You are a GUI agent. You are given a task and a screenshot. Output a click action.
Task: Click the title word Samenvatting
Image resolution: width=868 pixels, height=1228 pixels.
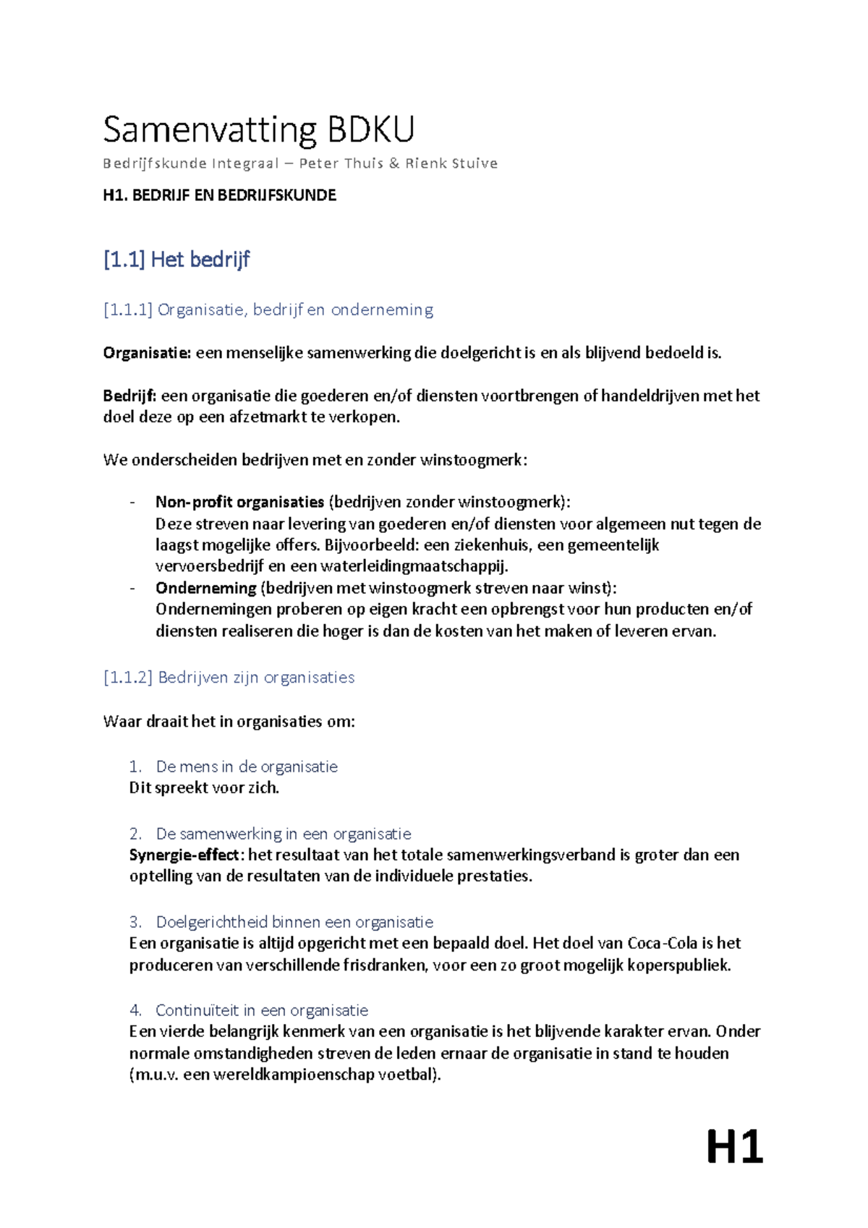[x=210, y=130]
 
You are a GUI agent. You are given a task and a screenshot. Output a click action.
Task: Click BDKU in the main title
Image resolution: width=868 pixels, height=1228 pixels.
[x=371, y=130]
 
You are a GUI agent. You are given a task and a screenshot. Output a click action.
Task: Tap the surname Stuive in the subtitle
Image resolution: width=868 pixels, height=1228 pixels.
[x=475, y=163]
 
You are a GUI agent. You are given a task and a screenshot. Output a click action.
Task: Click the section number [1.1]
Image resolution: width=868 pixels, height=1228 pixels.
[x=124, y=259]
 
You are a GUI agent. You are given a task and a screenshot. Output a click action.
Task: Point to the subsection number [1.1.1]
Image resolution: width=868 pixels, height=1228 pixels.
[x=127, y=310]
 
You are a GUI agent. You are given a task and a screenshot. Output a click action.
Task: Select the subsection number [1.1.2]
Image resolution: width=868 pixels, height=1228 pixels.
[x=127, y=678]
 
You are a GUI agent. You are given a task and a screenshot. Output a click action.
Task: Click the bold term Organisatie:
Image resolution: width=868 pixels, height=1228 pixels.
[x=147, y=353]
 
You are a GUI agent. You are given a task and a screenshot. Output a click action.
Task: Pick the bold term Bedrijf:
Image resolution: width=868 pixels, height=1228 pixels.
[x=129, y=396]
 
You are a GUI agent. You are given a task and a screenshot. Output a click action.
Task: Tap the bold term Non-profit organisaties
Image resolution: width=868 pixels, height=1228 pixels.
[x=239, y=502]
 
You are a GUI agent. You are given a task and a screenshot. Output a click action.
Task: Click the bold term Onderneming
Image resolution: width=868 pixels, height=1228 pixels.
[x=205, y=588]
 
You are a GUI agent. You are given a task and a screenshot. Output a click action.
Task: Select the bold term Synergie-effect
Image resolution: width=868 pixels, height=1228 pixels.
[x=184, y=855]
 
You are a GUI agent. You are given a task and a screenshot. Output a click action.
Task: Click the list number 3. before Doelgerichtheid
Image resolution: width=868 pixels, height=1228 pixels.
[x=135, y=922]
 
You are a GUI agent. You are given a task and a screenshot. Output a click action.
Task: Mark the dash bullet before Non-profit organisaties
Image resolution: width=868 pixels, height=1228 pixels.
[x=132, y=502]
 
